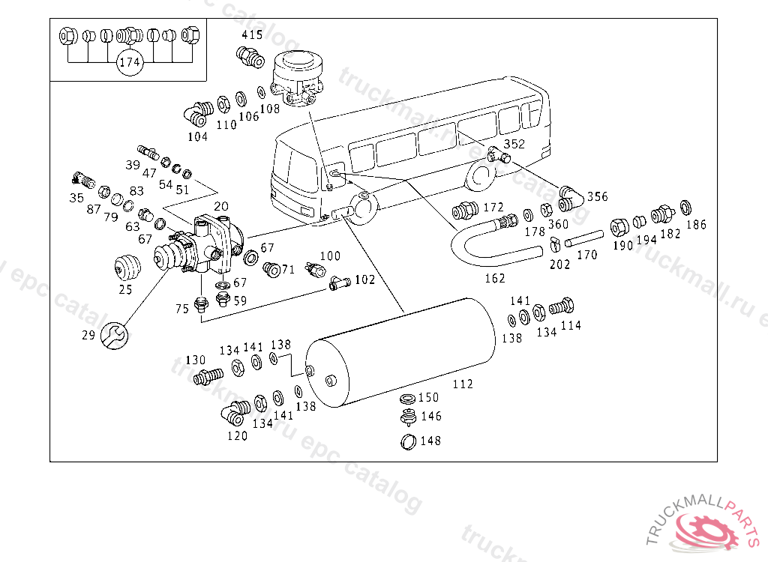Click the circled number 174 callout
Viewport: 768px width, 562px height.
pos(130,63)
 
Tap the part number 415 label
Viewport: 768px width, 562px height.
pos(252,35)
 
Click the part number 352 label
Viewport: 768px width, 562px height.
pos(514,144)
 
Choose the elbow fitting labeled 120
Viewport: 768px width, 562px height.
pos(234,411)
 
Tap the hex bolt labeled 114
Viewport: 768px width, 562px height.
pos(562,306)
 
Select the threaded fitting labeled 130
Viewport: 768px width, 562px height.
pos(208,374)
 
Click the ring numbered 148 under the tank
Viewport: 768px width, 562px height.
pos(408,441)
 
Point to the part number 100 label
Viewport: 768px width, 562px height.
pos(330,257)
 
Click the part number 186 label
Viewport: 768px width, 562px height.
pos(696,223)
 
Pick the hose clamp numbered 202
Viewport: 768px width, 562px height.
pos(555,244)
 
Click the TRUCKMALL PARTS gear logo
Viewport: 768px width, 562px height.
pos(706,528)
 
